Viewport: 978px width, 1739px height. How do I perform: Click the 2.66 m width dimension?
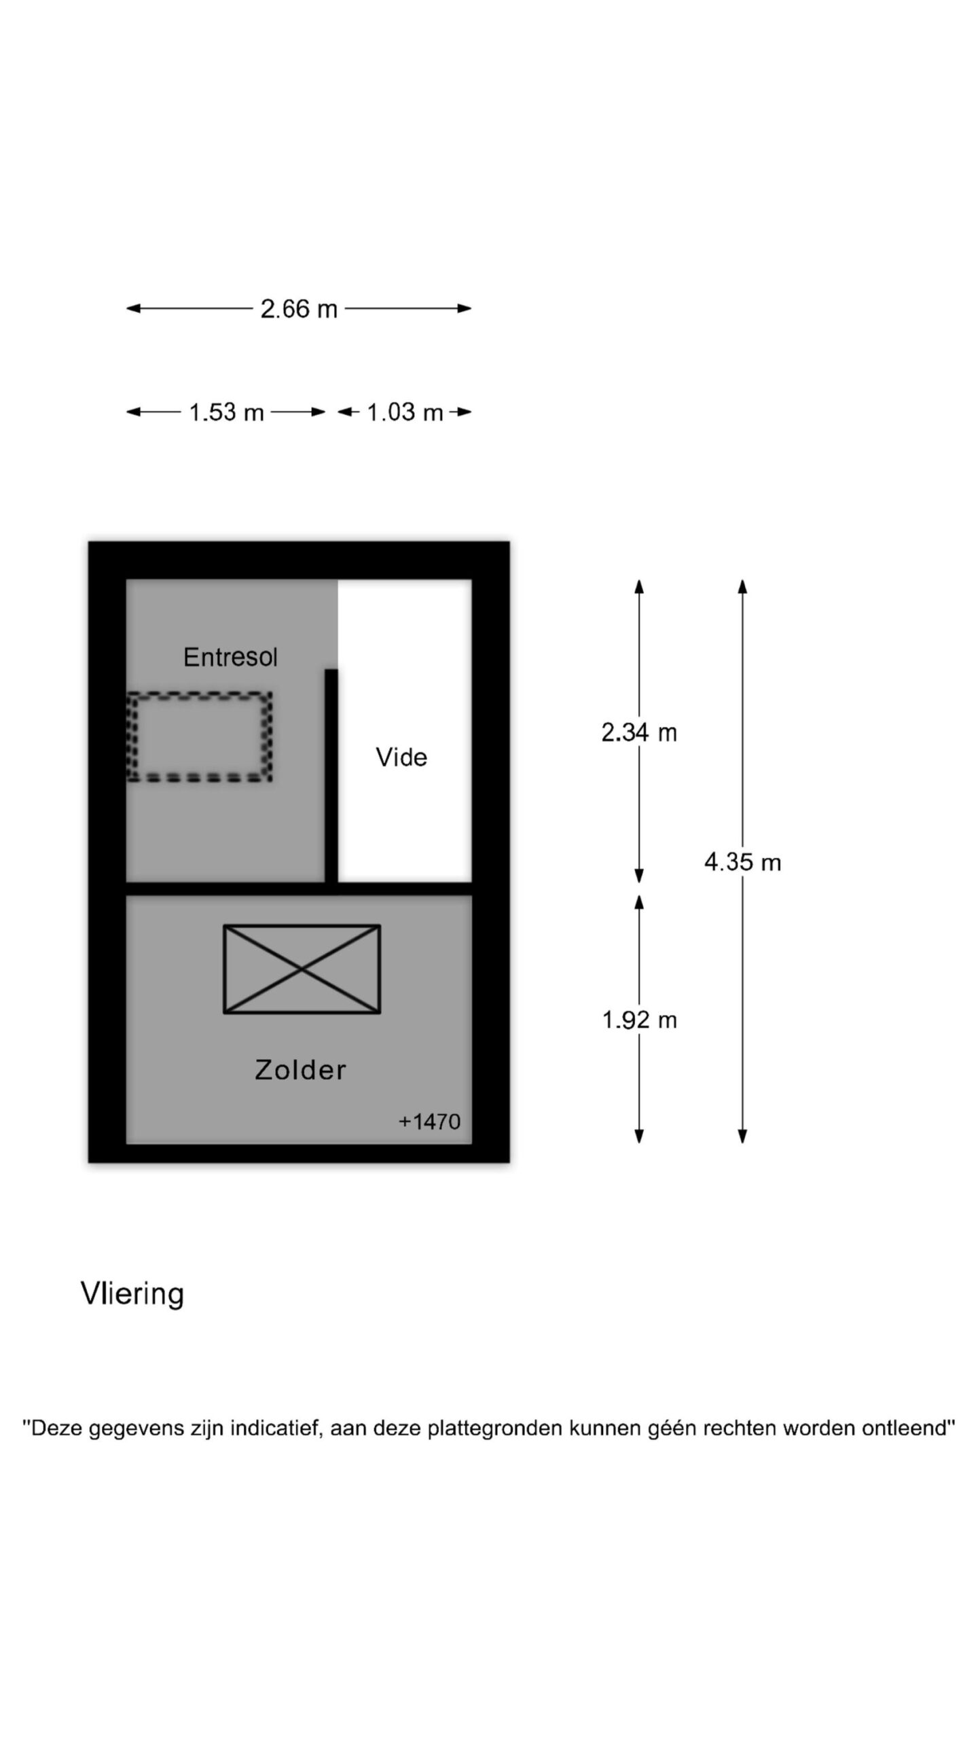(299, 309)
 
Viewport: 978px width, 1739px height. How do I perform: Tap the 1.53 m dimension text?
(226, 412)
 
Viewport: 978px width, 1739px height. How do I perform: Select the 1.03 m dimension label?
(405, 412)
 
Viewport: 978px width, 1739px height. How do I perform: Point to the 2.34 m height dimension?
(639, 732)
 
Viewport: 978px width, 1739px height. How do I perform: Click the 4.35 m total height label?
(742, 862)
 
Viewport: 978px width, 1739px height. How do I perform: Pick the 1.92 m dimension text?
(639, 1020)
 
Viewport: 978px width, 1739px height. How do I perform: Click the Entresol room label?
(230, 657)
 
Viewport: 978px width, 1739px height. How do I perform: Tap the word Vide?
(401, 757)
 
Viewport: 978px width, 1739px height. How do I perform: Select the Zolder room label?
(300, 1070)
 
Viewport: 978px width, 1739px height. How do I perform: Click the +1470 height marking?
(429, 1122)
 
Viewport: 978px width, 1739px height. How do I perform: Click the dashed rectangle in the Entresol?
(200, 736)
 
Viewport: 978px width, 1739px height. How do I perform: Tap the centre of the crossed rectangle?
(302, 969)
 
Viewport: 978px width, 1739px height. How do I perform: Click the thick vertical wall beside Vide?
(331, 776)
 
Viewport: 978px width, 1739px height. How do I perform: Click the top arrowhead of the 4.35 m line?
(742, 586)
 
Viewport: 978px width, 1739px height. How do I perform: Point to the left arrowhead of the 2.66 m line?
(134, 308)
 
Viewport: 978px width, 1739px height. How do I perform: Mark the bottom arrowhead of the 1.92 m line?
(639, 1136)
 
